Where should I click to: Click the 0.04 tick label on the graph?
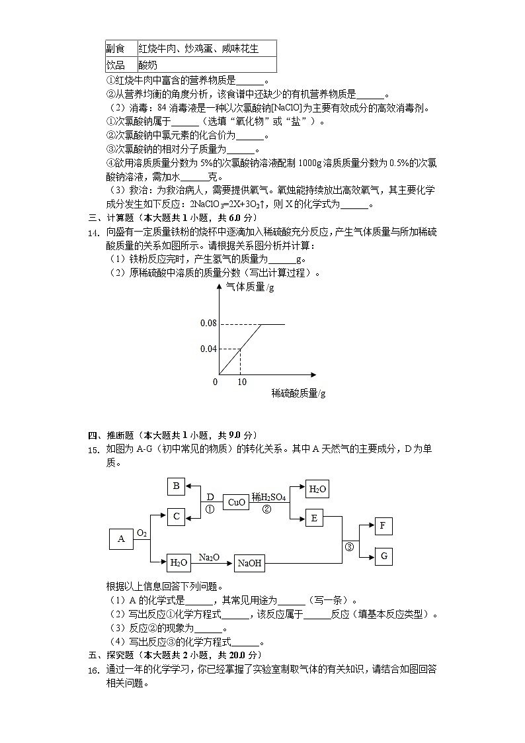pos(208,349)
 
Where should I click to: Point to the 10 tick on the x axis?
pos(241,382)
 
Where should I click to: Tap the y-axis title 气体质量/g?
pos(250,286)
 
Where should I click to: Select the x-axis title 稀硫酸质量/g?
pos(298,394)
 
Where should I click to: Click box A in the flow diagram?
pos(121,539)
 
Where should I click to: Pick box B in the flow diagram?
pos(176,486)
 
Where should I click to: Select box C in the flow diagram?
pos(176,516)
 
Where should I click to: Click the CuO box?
pos(236,502)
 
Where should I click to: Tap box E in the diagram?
pos(314,518)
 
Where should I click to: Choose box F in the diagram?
pos(384,527)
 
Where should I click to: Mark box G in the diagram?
pos(384,556)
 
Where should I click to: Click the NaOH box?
pos(250,564)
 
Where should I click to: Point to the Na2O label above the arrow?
pos(209,557)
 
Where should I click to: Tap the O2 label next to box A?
pos(141,533)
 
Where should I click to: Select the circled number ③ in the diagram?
pos(350,546)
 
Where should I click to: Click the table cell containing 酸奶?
pos(148,65)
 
